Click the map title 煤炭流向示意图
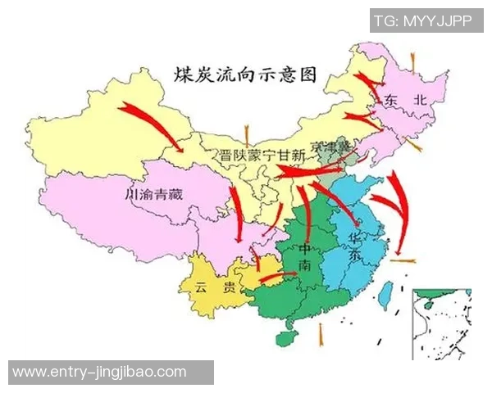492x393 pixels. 244,75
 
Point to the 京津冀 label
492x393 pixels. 320,146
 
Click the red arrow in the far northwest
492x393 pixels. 152,123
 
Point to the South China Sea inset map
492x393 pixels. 442,323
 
